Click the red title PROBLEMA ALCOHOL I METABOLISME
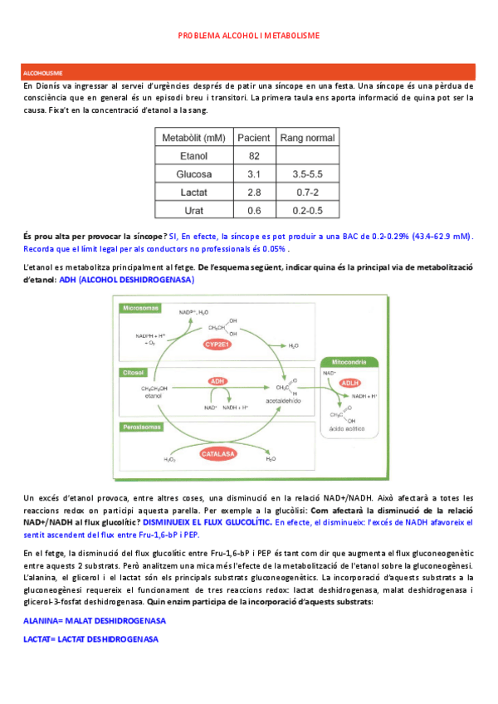pyautogui.click(x=248, y=36)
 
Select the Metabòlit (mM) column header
pyautogui.click(x=191, y=137)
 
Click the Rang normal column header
pyautogui.click(x=308, y=137)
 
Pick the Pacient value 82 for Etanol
pyautogui.click(x=255, y=155)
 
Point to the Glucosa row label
pyautogui.click(x=191, y=174)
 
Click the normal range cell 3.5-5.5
pyautogui.click(x=308, y=174)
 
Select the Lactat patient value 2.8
pyautogui.click(x=255, y=192)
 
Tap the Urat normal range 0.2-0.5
pyautogui.click(x=308, y=210)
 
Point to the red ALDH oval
pyautogui.click(x=352, y=384)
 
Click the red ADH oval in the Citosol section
pyautogui.click(x=218, y=381)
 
